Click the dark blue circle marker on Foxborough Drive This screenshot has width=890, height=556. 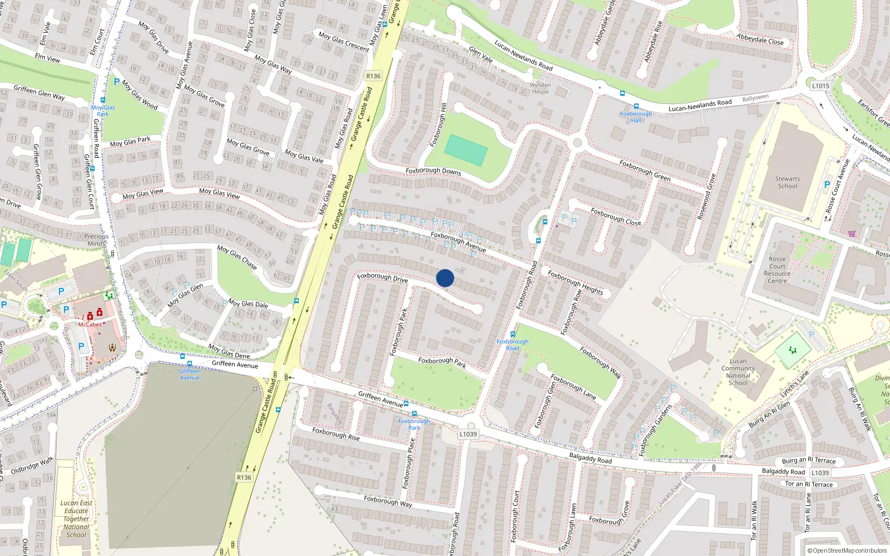coord(445,278)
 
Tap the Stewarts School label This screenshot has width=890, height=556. coord(787,182)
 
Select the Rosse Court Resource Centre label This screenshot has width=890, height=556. coord(777,270)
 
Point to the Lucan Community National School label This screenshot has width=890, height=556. coord(738,371)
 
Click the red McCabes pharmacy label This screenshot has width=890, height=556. coord(90,324)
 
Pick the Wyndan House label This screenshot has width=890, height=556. coord(540,88)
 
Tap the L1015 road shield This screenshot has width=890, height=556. coord(820,86)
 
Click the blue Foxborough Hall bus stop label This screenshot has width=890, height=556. coord(636,117)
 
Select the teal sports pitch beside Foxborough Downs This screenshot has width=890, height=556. coord(466,150)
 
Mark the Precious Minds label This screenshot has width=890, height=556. coord(96,240)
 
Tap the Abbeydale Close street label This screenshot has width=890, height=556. coord(760,39)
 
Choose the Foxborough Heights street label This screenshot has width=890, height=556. coord(575,282)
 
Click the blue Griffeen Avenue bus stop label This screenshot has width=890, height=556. coord(190,374)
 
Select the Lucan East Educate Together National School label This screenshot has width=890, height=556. coord(76,519)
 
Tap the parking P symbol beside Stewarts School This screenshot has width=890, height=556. coord(827,185)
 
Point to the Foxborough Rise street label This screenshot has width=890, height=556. coord(335,434)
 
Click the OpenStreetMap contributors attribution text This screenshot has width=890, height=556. coord(847,550)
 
